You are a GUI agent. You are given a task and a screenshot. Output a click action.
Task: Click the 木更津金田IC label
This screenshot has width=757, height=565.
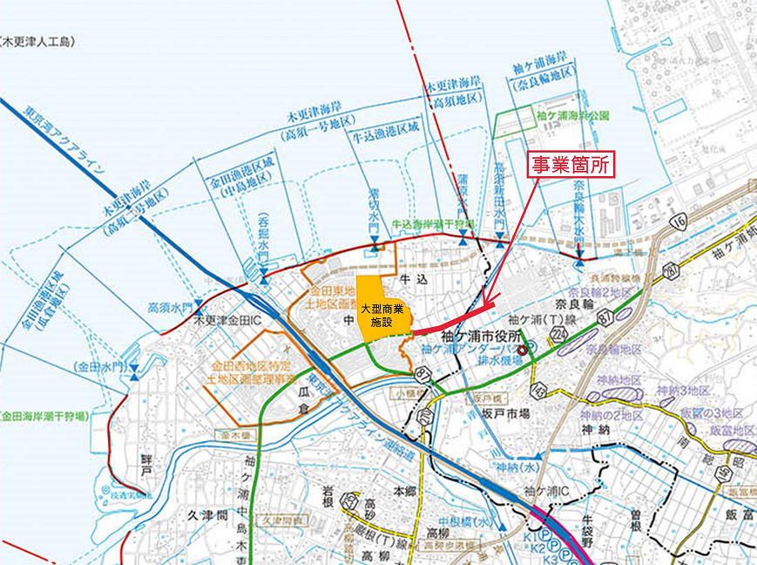[x=233, y=320]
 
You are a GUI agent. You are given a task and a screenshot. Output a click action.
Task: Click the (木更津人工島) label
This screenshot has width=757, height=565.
[x=42, y=40]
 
